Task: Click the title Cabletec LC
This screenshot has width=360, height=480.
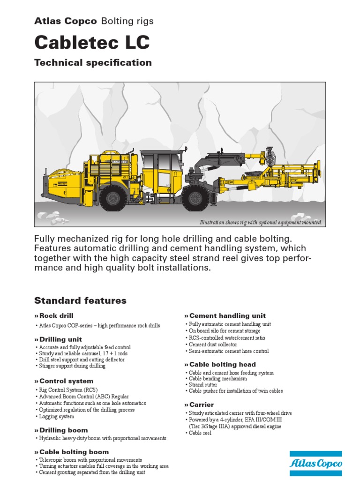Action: pyautogui.click(x=92, y=42)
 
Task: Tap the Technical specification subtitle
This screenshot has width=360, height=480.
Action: pyautogui.click(x=93, y=63)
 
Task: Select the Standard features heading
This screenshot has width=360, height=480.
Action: pyautogui.click(x=80, y=300)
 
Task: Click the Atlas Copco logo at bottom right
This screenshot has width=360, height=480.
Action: pyautogui.click(x=315, y=463)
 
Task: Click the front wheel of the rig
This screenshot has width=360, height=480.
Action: pyautogui.click(x=195, y=197)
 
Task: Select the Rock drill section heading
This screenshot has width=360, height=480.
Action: pyautogui.click(x=55, y=316)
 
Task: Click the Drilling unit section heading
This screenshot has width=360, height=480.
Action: pyautogui.click(x=60, y=339)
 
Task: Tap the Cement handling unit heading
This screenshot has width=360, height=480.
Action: pyautogui.click(x=226, y=315)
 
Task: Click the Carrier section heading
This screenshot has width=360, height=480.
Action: pyautogui.click(x=201, y=405)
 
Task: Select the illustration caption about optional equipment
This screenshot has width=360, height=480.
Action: pyautogui.click(x=261, y=222)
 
